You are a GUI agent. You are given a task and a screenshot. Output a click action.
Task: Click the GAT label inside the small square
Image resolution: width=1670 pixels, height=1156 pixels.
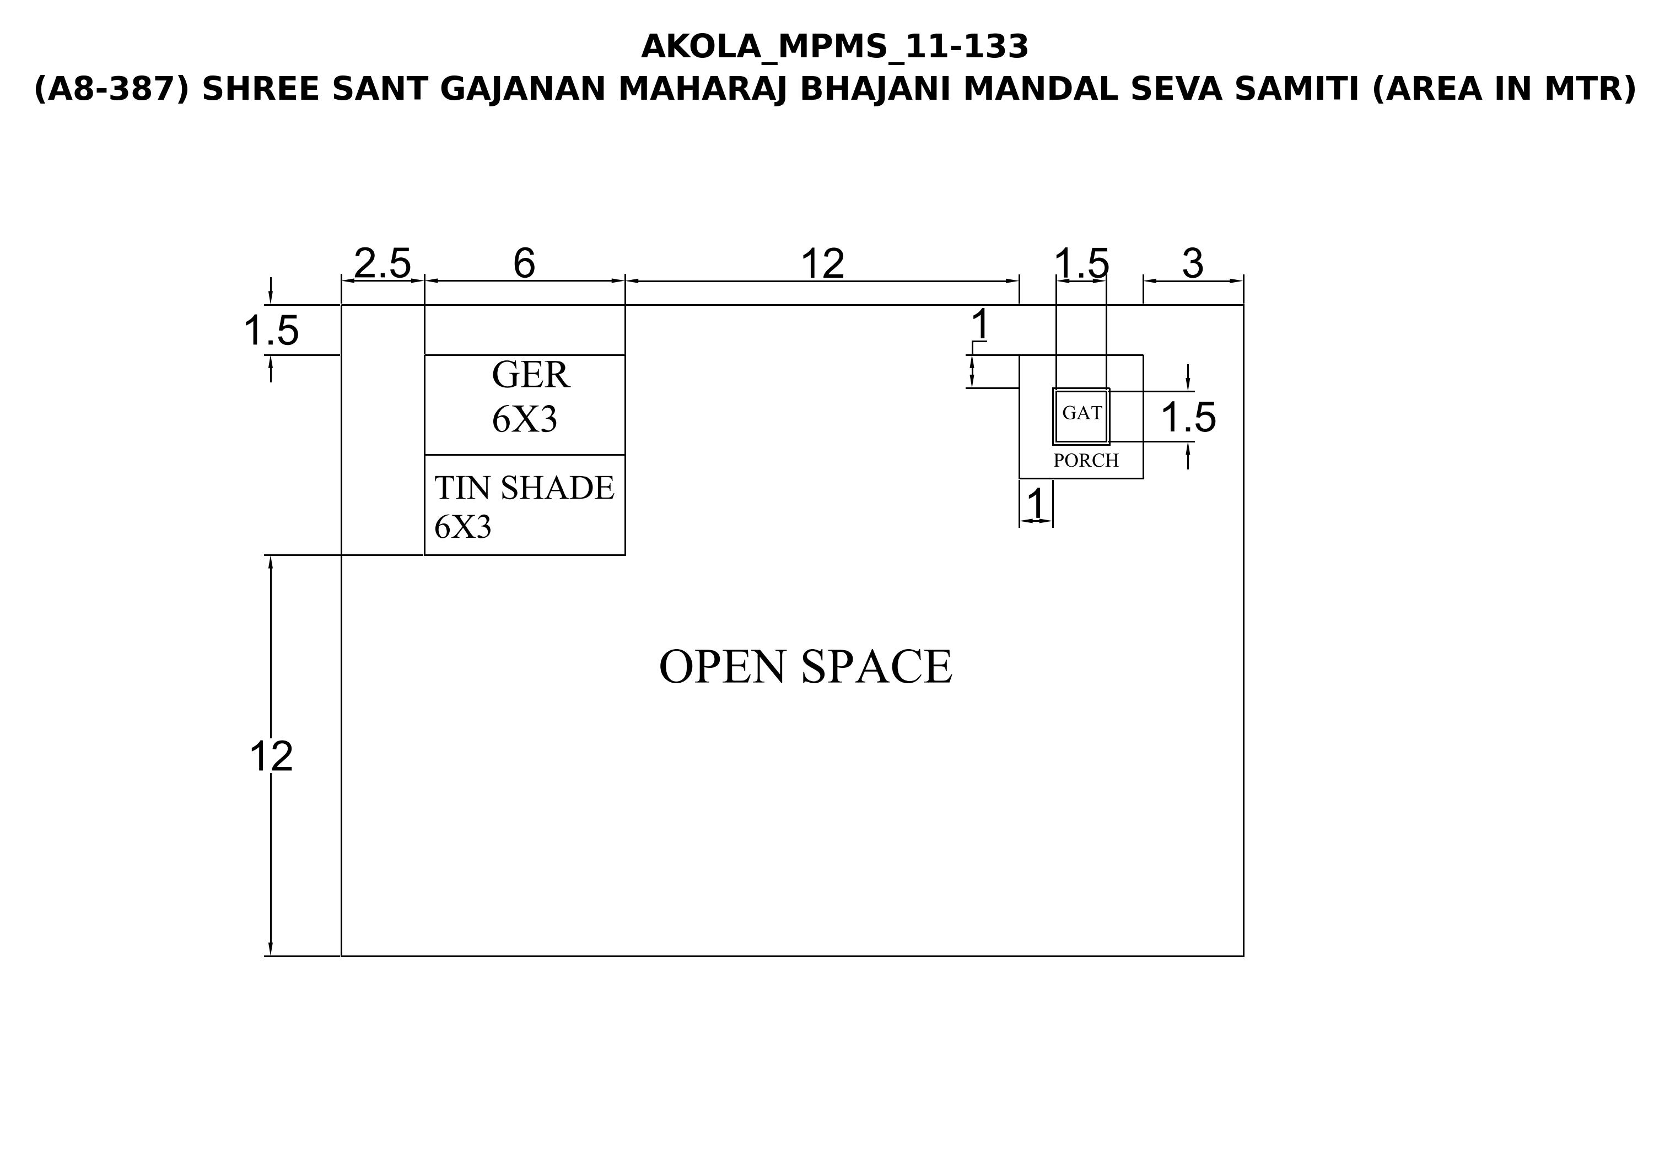[x=1082, y=413]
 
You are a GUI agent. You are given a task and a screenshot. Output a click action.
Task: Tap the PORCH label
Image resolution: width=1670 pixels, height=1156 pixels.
[x=1086, y=461]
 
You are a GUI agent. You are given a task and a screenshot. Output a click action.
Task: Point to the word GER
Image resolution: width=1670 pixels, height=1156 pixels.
[x=530, y=375]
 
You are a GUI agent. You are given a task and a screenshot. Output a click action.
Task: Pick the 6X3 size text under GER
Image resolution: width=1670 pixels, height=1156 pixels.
[x=525, y=419]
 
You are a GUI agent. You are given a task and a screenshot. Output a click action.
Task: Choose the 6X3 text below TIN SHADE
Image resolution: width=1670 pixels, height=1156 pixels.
[x=463, y=527]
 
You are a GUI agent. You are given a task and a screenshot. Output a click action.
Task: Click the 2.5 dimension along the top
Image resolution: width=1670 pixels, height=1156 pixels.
[x=383, y=263]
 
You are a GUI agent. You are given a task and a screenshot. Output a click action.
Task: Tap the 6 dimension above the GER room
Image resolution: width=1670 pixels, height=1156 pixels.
[x=525, y=263]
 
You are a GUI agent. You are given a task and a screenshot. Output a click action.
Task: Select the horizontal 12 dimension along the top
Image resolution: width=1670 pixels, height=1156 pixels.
[x=822, y=263]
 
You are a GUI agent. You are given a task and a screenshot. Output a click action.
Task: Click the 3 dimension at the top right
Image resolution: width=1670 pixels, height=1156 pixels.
[x=1193, y=263]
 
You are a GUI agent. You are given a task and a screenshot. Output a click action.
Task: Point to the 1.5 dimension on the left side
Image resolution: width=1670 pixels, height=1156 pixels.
[x=271, y=331]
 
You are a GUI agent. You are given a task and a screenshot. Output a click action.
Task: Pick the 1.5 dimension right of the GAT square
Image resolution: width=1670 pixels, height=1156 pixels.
[x=1188, y=417]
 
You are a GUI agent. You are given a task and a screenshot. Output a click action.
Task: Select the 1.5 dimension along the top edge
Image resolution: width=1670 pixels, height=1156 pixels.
[x=1081, y=263]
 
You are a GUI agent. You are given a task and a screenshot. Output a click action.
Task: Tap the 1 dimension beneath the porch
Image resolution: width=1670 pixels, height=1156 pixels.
[x=1037, y=504]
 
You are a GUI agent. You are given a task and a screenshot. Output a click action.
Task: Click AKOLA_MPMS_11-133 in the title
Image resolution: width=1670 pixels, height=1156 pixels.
[x=834, y=47]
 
